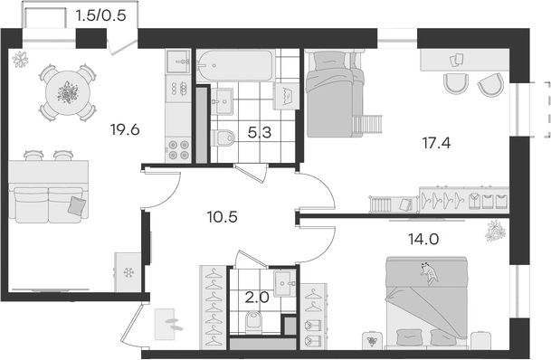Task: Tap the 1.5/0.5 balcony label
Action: point(101,14)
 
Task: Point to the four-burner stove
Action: point(177,148)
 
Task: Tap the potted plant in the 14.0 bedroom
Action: point(495,232)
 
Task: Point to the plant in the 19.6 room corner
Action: point(21,61)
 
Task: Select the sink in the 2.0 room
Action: point(284,283)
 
